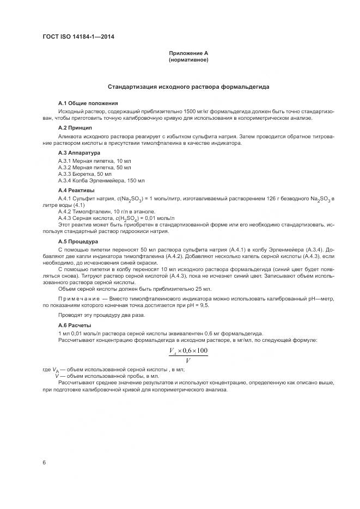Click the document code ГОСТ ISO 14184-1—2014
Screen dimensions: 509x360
pyautogui.click(x=78, y=37)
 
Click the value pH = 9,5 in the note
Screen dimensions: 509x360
pyautogui.click(x=197, y=306)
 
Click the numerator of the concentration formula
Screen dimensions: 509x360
pyautogui.click(x=188, y=351)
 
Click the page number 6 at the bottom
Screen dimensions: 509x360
pyautogui.click(x=44, y=463)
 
